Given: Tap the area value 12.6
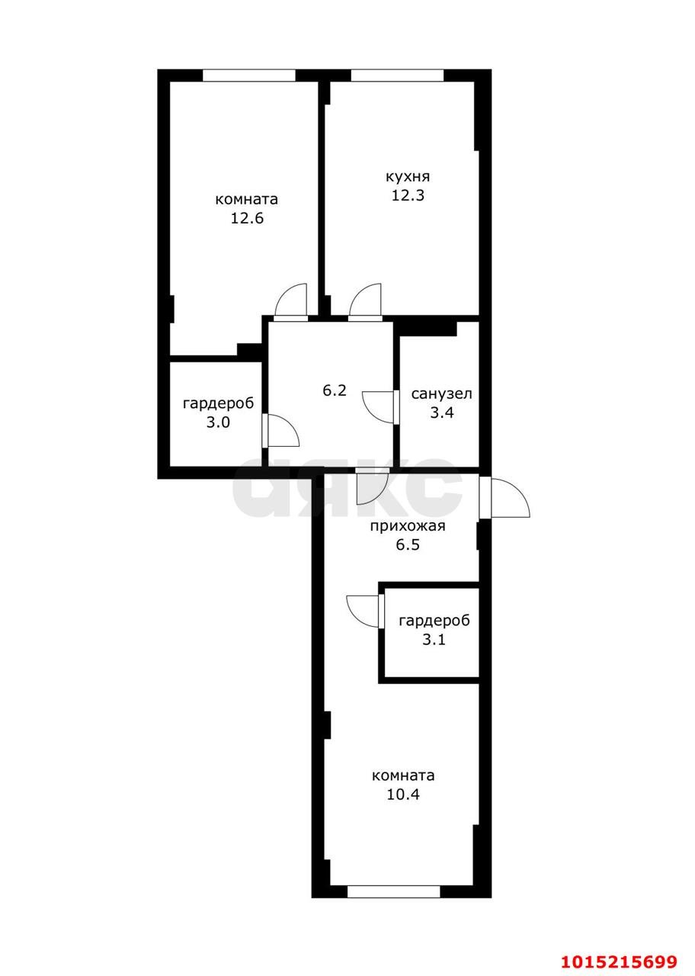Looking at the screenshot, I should pyautogui.click(x=246, y=218).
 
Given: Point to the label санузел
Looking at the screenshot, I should pyautogui.click(x=441, y=393).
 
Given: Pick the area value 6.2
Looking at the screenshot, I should pyautogui.click(x=335, y=390).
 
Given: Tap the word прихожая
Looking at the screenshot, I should pyautogui.click(x=407, y=526).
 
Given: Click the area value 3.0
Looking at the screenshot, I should pyautogui.click(x=218, y=422).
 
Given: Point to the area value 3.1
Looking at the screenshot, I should pyautogui.click(x=434, y=640).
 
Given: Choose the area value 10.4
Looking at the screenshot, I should pyautogui.click(x=403, y=795).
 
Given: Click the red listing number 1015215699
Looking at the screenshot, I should pyautogui.click(x=619, y=962).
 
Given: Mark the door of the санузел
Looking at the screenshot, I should pyautogui.click(x=380, y=406).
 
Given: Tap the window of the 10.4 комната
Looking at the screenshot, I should pyautogui.click(x=393, y=891).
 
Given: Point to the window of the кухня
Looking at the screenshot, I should pyautogui.click(x=396, y=75).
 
